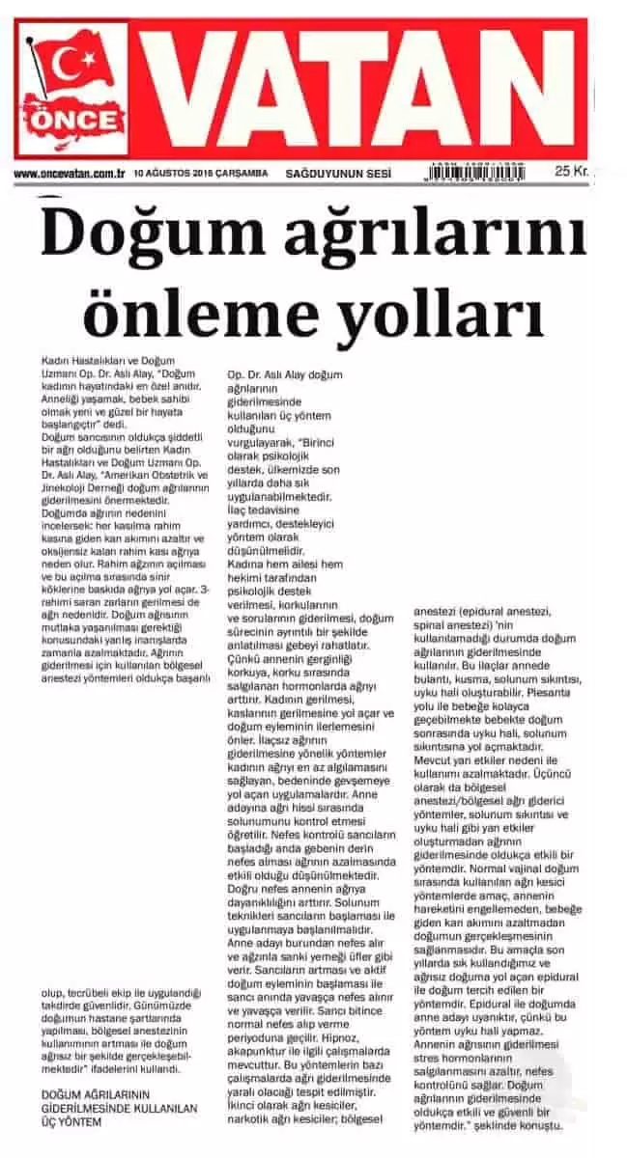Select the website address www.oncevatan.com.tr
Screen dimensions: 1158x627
tap(71, 173)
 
